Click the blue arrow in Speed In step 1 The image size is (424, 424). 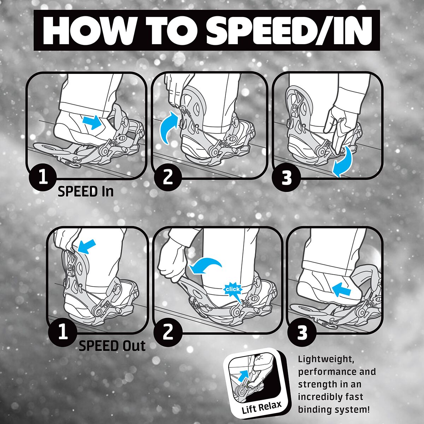coord(92,123)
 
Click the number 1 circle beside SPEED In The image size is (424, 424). coord(43,178)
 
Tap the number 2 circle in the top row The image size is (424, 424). coord(168,178)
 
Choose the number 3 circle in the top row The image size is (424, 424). coord(287,178)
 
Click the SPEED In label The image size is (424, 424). coord(86,192)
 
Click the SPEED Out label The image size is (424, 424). coord(112,346)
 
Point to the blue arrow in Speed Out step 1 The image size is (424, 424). coord(87,246)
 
